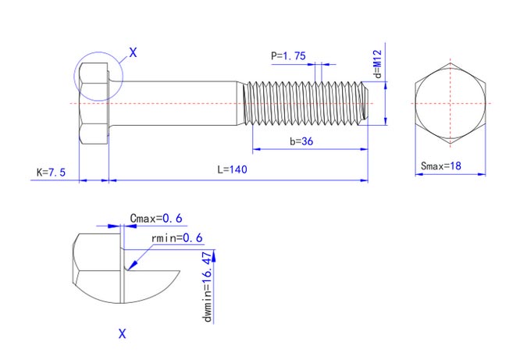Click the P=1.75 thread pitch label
click(x=288, y=55)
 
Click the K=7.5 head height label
click(x=50, y=171)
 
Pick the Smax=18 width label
click(x=442, y=166)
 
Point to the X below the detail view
click(x=122, y=333)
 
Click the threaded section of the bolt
click(x=305, y=103)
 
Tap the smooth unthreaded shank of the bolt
click(x=176, y=103)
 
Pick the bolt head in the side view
click(x=93, y=103)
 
